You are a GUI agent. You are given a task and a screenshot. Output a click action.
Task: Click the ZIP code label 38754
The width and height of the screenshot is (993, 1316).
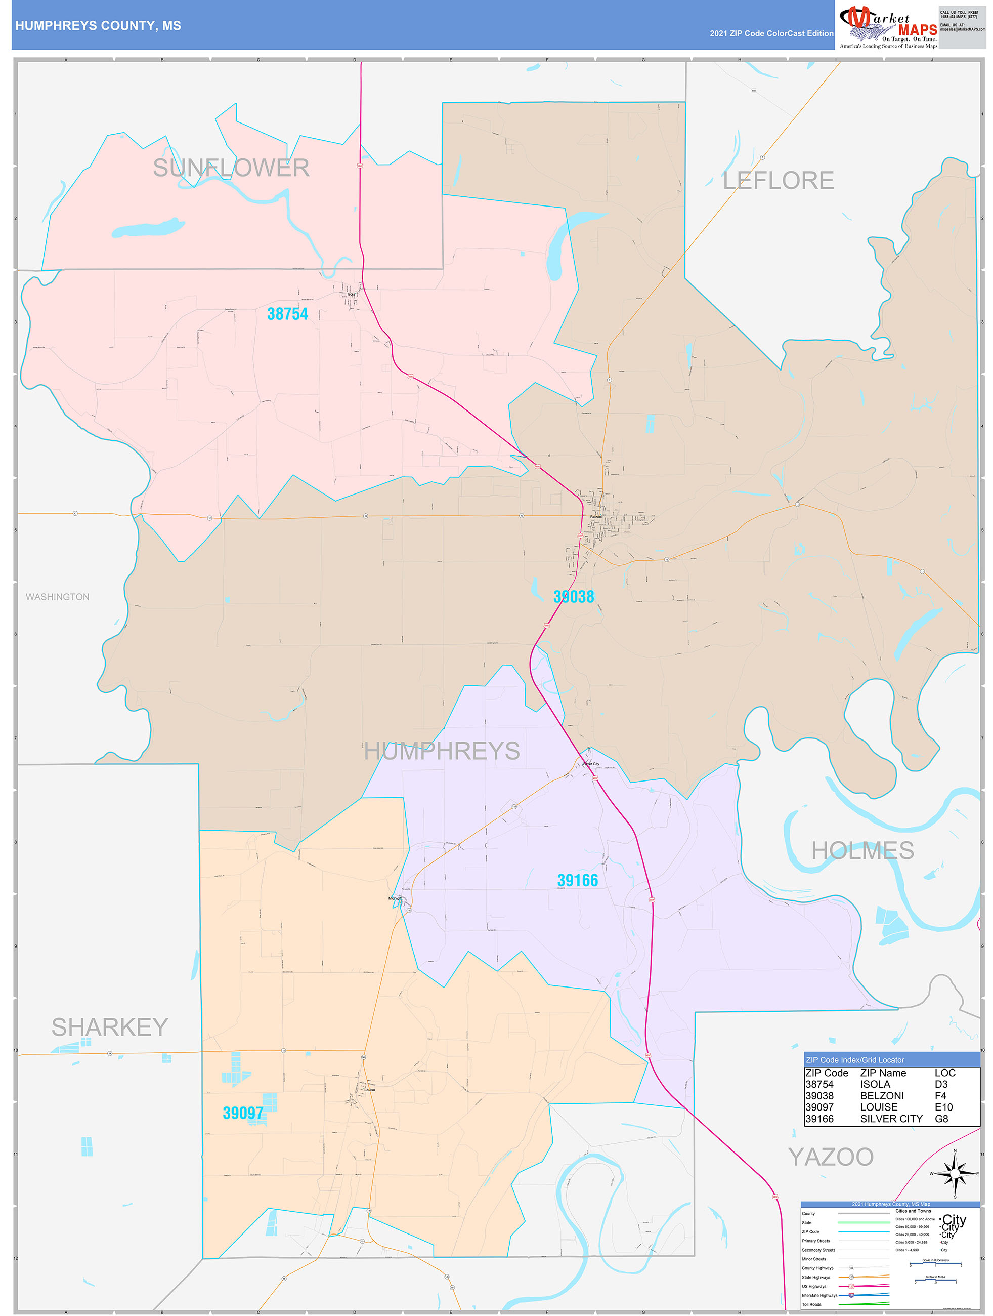[x=287, y=314]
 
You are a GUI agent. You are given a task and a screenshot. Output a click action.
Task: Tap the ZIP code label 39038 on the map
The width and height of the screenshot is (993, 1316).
[x=573, y=597]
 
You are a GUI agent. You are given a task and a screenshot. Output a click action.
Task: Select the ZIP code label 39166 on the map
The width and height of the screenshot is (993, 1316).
[x=577, y=881]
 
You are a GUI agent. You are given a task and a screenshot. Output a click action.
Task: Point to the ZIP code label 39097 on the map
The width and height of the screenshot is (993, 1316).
[x=243, y=1113]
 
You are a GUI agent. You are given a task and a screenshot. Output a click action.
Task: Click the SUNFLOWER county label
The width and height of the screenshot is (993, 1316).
[x=231, y=168]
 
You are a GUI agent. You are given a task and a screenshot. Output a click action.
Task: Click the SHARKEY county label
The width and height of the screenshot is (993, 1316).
[x=110, y=1027]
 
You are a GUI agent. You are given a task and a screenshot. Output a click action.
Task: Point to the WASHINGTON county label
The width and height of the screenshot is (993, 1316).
[x=58, y=597]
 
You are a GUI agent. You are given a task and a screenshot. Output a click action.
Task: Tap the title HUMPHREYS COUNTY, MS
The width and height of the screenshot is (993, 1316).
[x=98, y=26]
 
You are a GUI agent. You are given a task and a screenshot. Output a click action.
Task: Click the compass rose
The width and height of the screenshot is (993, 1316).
[x=955, y=1174]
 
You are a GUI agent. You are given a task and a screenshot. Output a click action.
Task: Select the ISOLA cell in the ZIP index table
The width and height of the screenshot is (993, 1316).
[x=875, y=1084]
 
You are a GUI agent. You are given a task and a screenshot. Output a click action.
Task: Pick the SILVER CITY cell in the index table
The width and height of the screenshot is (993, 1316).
[x=891, y=1119]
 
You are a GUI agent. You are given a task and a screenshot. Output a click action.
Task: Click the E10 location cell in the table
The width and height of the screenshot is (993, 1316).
[x=943, y=1107]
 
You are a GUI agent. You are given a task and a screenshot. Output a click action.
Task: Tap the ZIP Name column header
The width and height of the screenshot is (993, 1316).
[x=883, y=1073]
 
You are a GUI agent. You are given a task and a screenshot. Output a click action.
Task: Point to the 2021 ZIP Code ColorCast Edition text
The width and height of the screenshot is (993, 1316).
[x=771, y=33]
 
